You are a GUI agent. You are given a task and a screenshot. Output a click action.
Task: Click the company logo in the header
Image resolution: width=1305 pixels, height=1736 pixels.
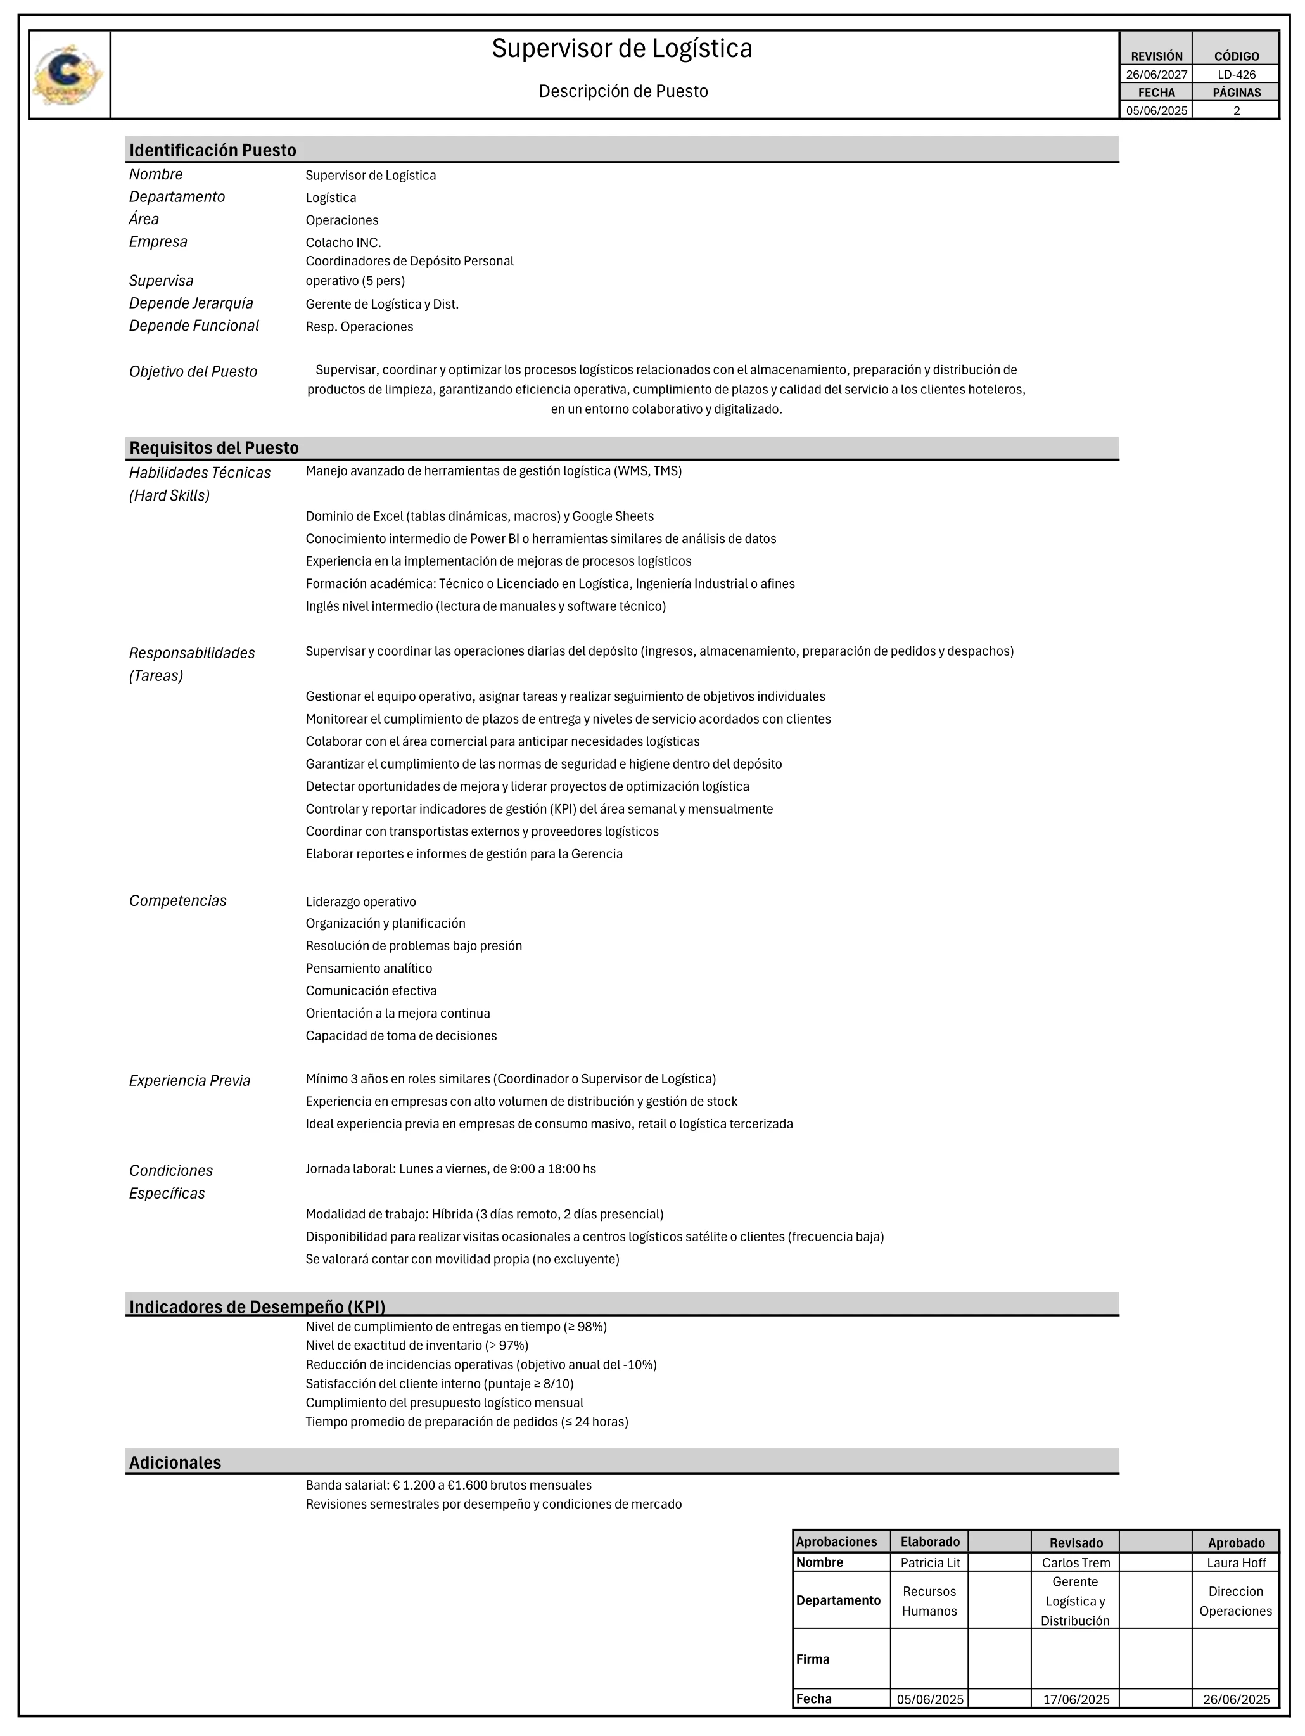[x=68, y=75]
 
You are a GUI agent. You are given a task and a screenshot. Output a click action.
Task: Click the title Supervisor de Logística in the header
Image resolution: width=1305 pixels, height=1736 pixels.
[x=621, y=49]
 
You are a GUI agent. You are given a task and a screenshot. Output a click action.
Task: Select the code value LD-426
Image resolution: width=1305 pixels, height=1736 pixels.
[x=1236, y=75]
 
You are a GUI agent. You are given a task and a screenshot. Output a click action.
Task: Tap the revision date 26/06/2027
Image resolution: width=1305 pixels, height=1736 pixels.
[x=1156, y=75]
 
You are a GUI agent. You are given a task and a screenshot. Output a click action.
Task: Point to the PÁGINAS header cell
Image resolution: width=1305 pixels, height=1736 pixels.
[x=1236, y=93]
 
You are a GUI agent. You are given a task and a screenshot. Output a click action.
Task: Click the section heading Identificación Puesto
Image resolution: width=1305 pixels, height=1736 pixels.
[x=213, y=150]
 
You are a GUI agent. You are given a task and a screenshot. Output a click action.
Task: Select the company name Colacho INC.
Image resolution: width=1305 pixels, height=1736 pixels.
[x=343, y=243]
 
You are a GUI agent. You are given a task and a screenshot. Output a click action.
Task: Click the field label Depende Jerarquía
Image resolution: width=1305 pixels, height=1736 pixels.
[x=191, y=303]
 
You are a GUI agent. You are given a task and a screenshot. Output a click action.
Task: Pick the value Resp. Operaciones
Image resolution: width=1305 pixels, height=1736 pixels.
[x=359, y=326]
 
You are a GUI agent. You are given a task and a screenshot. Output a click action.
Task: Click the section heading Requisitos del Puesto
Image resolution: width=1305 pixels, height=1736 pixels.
[x=214, y=448]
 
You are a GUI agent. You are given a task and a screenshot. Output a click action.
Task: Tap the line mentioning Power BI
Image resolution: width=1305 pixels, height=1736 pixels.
[x=540, y=539]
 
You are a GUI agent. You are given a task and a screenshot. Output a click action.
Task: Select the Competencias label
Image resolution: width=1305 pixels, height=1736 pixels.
[x=177, y=901]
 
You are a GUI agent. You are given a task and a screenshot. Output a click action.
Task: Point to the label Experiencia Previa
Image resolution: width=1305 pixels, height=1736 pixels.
[x=189, y=1081]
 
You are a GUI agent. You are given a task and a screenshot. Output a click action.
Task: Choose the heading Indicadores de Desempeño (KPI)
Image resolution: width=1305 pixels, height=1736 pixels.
[x=257, y=1306]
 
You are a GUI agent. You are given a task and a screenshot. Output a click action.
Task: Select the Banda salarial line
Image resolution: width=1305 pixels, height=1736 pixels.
[x=448, y=1486]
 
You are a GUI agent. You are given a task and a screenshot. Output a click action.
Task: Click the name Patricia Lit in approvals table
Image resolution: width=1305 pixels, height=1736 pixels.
[x=930, y=1562]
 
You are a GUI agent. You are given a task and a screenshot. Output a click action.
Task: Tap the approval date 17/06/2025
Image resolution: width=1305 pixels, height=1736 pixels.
[x=1076, y=1699]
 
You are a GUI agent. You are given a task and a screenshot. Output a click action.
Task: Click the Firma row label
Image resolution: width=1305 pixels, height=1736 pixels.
[x=812, y=1659]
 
